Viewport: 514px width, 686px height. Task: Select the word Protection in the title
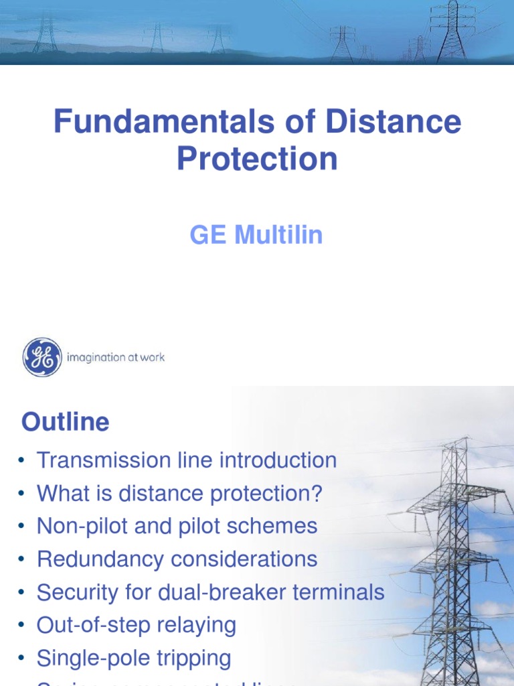tap(257, 159)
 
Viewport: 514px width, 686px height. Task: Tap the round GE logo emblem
tap(42, 357)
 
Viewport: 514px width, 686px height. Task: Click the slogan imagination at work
tap(115, 357)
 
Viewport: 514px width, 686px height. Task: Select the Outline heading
tap(65, 422)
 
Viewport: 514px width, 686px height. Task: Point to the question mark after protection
tap(317, 494)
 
